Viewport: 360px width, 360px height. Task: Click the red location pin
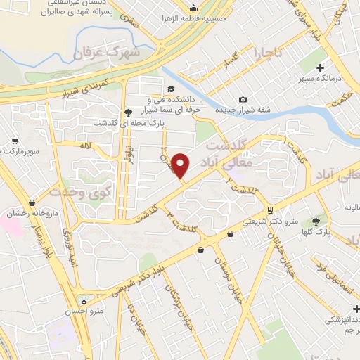(x=181, y=166)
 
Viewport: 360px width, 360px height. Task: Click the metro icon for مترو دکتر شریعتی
(x=270, y=210)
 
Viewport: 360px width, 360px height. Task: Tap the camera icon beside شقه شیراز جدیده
(x=243, y=100)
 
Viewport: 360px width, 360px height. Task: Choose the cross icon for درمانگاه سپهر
(x=321, y=68)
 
